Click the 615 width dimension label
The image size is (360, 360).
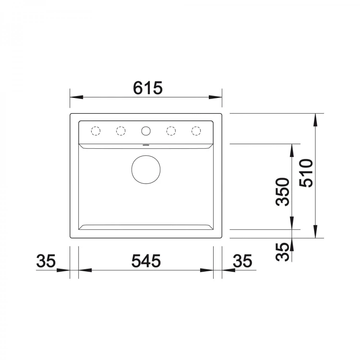(148, 88)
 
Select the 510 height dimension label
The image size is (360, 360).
(306, 173)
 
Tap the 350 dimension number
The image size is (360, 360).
(283, 192)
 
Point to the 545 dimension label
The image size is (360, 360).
(146, 261)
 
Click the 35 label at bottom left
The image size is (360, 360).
(46, 261)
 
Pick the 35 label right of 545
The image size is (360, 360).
(242, 261)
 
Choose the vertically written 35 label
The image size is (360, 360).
(282, 252)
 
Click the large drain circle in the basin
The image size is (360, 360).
(146, 169)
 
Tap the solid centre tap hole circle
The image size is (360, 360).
(146, 131)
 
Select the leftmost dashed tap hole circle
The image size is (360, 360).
(96, 131)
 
